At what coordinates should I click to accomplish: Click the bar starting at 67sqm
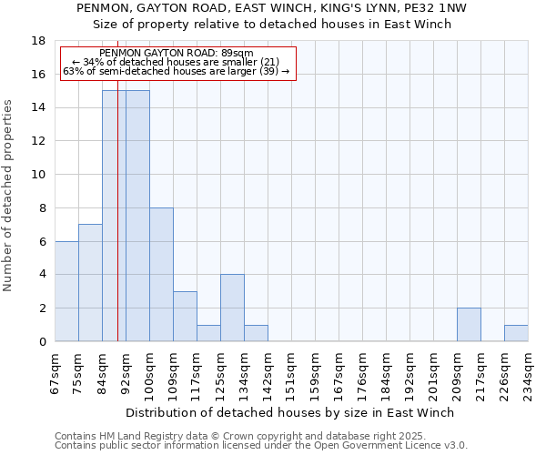tap(66, 291)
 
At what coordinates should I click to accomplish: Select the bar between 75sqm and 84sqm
tap(90, 283)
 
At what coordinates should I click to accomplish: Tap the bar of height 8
tap(161, 275)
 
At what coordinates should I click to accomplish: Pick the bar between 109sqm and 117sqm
tap(185, 317)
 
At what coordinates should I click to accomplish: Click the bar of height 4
tap(232, 308)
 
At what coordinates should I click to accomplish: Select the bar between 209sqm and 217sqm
tap(469, 325)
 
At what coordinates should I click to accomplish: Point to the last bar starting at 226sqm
tap(516, 333)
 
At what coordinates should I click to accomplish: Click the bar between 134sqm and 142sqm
tap(256, 333)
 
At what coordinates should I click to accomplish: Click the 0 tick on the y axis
tap(43, 342)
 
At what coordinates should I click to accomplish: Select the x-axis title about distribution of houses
tap(289, 412)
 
